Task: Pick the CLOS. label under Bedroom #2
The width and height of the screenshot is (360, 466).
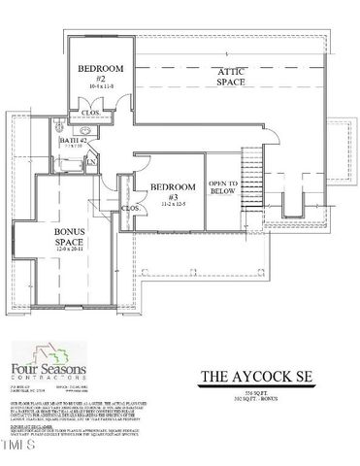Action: click(x=91, y=112)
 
